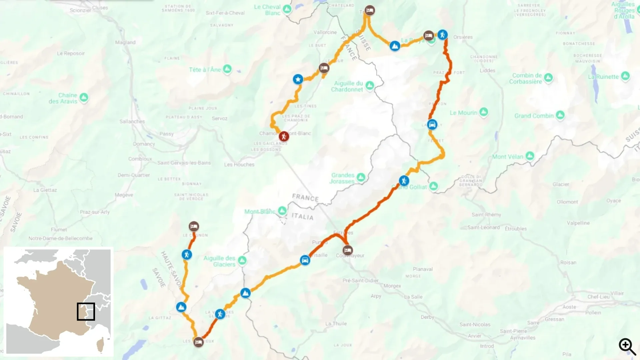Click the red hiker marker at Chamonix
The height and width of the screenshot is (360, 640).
click(x=284, y=136)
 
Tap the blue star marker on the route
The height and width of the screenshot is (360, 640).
click(x=298, y=79)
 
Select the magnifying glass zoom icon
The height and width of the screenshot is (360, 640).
click(x=627, y=347)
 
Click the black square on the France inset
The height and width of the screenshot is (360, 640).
click(x=86, y=312)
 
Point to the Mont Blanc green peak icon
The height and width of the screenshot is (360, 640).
click(x=282, y=210)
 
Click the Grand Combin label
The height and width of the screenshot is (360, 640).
click(x=534, y=116)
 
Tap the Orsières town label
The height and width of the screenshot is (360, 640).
click(x=463, y=37)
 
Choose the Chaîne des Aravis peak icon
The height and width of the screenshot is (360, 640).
click(x=84, y=97)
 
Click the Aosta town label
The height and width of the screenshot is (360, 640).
click(x=569, y=307)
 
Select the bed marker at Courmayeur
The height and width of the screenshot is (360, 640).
click(x=348, y=250)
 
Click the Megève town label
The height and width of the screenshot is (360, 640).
click(x=124, y=195)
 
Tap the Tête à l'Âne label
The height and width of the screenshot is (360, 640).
click(x=205, y=70)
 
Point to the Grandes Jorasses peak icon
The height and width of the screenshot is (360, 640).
click(x=361, y=177)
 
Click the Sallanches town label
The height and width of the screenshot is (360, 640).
click(x=132, y=121)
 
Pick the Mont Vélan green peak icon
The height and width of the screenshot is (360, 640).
click(x=530, y=156)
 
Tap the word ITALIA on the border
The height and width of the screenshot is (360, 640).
click(x=302, y=216)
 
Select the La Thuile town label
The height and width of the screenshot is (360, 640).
click(x=336, y=323)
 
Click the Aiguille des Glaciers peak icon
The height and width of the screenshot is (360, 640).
click(x=242, y=260)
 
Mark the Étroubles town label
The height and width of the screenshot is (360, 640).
click(x=516, y=228)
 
